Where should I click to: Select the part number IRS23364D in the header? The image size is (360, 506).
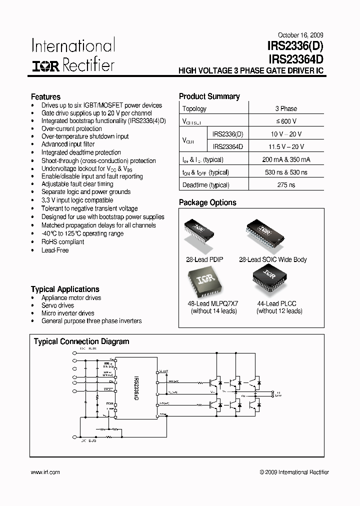pyautogui.click(x=296, y=59)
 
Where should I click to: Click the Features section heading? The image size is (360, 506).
pyautogui.click(x=45, y=97)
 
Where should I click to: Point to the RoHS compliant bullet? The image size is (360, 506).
pyautogui.click(x=62, y=241)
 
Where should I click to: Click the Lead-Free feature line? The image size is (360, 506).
pyautogui.click(x=55, y=250)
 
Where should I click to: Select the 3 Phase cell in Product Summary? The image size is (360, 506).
pyautogui.click(x=286, y=108)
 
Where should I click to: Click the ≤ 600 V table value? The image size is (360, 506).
pyautogui.click(x=286, y=121)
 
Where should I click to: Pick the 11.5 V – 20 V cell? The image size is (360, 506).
pyautogui.click(x=286, y=146)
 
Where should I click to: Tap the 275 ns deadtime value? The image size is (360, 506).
pyautogui.click(x=286, y=185)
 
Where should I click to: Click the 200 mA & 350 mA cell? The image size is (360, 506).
pyautogui.click(x=286, y=159)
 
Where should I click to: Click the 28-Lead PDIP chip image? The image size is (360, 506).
pyautogui.click(x=202, y=232)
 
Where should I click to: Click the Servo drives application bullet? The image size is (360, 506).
pyautogui.click(x=57, y=305)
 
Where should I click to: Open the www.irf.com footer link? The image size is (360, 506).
pyautogui.click(x=45, y=472)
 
